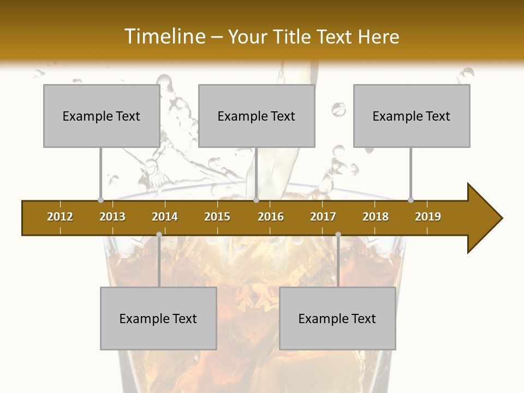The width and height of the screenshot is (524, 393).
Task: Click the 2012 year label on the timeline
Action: pos(60,217)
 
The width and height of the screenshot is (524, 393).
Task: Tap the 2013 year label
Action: pos(112,217)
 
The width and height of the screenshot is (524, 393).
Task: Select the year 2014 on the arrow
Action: pos(165,217)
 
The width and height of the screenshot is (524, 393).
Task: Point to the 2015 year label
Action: pos(217,217)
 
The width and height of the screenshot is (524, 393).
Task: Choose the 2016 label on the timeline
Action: pos(271,217)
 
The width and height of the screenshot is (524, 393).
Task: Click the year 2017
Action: pos(323,217)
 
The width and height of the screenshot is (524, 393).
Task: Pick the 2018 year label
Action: pos(376,217)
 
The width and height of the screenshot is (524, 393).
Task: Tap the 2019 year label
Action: pos(428,217)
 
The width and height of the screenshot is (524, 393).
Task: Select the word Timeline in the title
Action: pos(164,37)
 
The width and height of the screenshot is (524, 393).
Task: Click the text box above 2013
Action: pos(102,116)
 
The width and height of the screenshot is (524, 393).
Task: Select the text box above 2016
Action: pos(257,116)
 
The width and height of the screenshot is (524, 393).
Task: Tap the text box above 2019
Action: pos(412,116)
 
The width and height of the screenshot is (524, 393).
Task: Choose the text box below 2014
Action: pos(158,318)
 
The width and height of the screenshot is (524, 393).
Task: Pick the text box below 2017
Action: pos(337,318)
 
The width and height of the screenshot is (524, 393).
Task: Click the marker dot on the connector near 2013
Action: pos(100,200)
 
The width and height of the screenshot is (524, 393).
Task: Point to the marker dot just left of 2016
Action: pos(256,200)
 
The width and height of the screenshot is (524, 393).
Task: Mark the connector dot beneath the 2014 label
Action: pos(159,234)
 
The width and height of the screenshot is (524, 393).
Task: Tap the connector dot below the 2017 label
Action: pos(338,234)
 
